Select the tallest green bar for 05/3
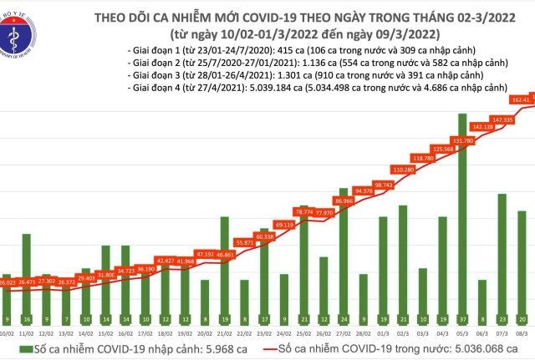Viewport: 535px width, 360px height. click(x=462, y=217)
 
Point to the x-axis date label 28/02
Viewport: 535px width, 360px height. click(x=364, y=332)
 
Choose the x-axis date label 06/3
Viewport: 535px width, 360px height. click(x=482, y=332)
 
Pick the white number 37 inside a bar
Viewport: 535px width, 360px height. click(x=462, y=319)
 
